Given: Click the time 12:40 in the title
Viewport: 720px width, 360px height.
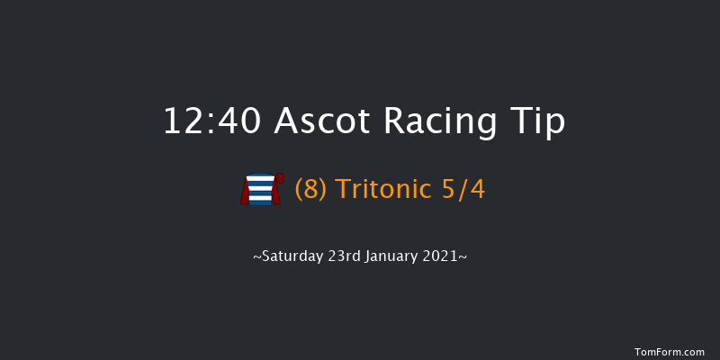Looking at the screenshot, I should [212, 121].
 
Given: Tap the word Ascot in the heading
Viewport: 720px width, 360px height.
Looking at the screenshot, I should [318, 121].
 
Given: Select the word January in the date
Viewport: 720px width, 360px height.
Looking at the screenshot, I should [400, 256].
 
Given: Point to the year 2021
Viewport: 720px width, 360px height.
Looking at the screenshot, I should [445, 256].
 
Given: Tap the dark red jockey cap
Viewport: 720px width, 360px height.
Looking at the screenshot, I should [280, 178].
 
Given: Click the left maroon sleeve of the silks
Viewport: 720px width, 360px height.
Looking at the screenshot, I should [245, 193].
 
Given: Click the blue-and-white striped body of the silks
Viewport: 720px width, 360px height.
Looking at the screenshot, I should [260, 191].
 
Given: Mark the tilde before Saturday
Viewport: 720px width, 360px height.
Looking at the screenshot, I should [256, 256].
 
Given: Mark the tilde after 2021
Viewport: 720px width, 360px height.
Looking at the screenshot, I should [464, 256].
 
